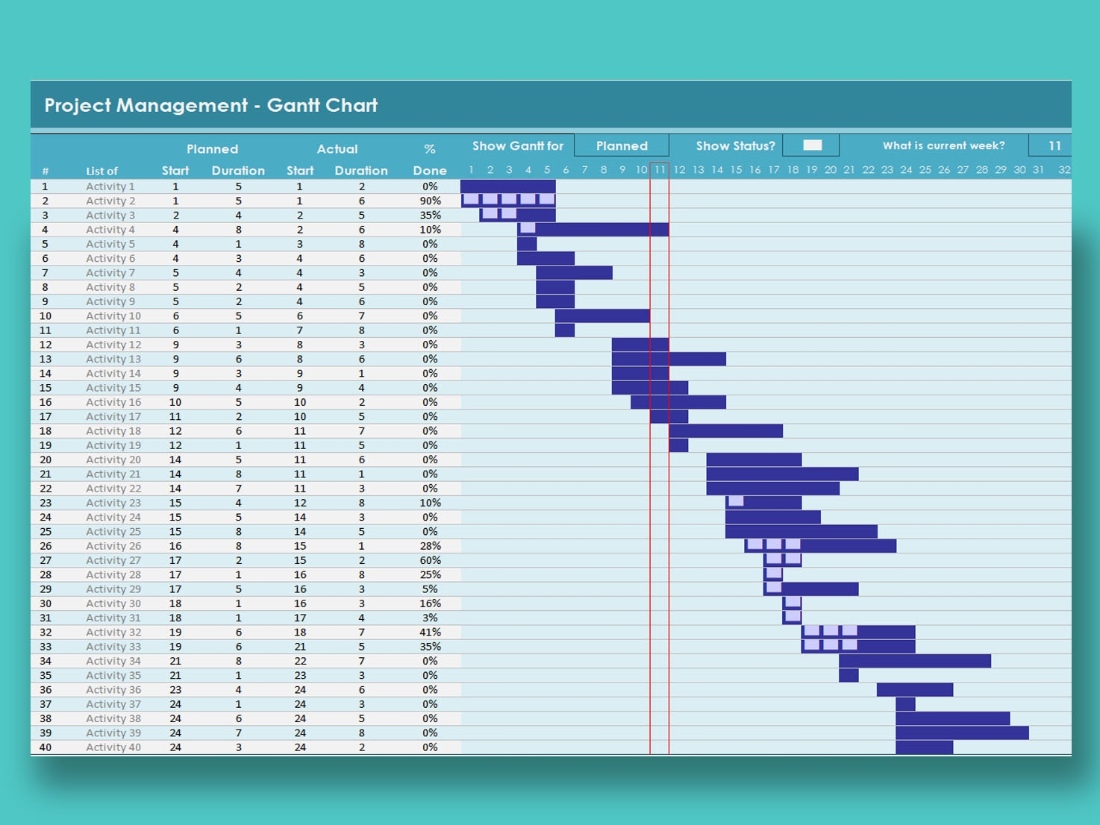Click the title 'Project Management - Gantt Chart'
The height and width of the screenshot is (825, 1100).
click(211, 105)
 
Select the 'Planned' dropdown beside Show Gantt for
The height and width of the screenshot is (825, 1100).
click(621, 145)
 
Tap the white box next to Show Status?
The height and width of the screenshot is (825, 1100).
click(812, 145)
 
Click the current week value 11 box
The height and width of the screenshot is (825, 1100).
click(1054, 145)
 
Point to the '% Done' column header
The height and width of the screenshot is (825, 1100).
click(430, 160)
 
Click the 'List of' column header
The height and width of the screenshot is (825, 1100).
click(101, 171)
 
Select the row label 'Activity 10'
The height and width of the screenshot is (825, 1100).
click(113, 316)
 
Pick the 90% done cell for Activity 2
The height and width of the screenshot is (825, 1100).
click(430, 201)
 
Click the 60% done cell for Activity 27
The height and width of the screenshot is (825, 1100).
click(430, 560)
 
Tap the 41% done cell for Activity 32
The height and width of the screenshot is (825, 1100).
click(430, 633)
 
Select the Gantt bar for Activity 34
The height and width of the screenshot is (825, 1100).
click(915, 661)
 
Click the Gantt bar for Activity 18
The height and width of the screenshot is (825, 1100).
click(725, 431)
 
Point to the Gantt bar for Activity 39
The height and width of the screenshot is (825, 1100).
click(962, 733)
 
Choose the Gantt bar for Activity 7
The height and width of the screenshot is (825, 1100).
click(574, 273)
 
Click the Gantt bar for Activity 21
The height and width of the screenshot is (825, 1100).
click(782, 474)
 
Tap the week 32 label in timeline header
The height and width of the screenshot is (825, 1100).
click(1064, 170)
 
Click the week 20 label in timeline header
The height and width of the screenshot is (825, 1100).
click(831, 170)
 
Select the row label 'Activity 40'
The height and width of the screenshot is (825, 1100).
click(113, 747)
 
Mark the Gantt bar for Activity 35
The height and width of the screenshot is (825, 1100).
click(849, 676)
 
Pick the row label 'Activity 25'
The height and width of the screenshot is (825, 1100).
click(113, 532)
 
